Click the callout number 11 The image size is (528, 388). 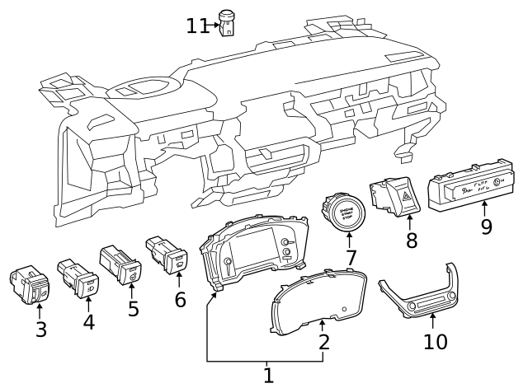[196, 26]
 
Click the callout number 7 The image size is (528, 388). [351, 258]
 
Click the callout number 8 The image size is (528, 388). [412, 241]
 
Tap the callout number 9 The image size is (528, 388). [486, 226]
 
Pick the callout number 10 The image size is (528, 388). [435, 340]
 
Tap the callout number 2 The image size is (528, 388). [324, 341]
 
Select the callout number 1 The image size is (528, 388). [267, 376]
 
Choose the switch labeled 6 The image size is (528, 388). [167, 255]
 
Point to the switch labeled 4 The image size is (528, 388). [78, 277]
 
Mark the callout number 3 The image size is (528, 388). [40, 330]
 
